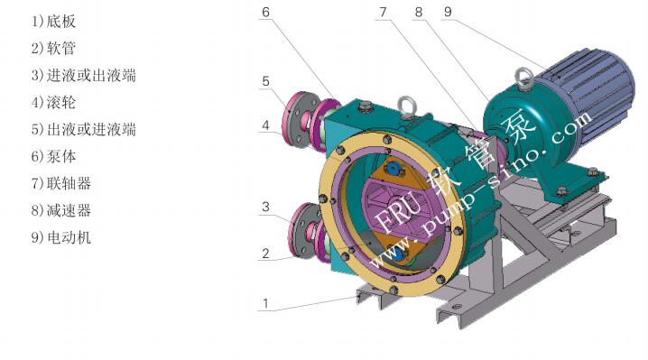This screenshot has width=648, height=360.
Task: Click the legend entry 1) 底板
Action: tap(54, 22)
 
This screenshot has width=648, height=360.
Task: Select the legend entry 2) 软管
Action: tap(54, 49)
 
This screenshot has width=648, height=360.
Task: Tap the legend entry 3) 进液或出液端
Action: tap(84, 75)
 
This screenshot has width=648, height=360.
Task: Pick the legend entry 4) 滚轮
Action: tap(54, 102)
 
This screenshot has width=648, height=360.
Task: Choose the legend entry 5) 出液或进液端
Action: tap(84, 129)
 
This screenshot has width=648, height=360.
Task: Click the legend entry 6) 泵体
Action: tap(54, 156)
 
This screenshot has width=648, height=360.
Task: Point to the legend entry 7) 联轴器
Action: tap(61, 183)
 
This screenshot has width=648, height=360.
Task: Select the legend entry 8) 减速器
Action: tap(61, 210)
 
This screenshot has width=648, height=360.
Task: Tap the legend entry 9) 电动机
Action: tap(61, 237)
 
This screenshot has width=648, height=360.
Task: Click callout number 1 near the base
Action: tap(265, 304)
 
